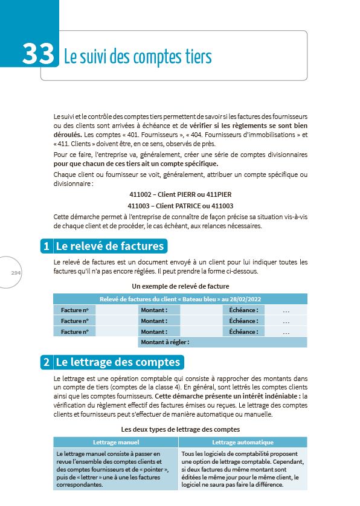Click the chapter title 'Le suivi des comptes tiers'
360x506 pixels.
[x=138, y=57]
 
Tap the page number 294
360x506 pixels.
[x=16, y=273]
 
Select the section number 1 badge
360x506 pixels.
[x=46, y=246]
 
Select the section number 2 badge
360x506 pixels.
[x=46, y=362]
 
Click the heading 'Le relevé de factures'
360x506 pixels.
[x=109, y=246]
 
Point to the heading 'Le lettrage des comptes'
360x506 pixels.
[x=118, y=362]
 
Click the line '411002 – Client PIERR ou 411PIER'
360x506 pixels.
[x=180, y=195]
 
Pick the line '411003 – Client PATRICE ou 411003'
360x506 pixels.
[x=180, y=205]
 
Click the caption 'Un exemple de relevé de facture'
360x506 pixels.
[x=180, y=286]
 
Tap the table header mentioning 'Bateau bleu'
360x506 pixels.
[x=180, y=299]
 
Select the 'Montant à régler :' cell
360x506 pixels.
[x=165, y=342]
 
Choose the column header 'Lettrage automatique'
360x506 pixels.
[x=243, y=442]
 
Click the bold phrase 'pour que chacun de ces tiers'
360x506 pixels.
[x=103, y=164]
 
